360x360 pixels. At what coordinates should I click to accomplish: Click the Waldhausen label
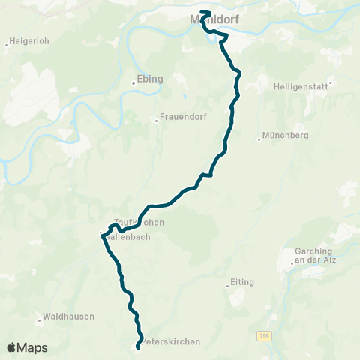pyautogui.click(x=70, y=316)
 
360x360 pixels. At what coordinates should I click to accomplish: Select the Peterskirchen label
pyautogui.click(x=171, y=341)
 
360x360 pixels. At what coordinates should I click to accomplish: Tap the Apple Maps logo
pyautogui.click(x=27, y=347)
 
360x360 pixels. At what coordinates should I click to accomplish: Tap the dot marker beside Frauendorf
pyautogui.click(x=157, y=118)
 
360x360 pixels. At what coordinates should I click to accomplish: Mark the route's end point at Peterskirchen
pyautogui.click(x=139, y=346)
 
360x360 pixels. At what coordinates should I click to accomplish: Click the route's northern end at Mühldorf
pyautogui.click(x=203, y=12)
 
